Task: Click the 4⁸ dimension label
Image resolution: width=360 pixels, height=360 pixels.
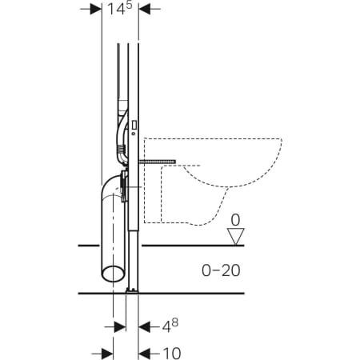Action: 167,326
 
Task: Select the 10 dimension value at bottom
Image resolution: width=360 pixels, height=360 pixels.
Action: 170,351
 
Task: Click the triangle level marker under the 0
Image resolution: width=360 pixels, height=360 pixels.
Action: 234,235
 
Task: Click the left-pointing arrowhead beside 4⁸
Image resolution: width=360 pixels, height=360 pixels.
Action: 145,326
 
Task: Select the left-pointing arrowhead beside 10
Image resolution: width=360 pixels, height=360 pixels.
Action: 145,352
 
